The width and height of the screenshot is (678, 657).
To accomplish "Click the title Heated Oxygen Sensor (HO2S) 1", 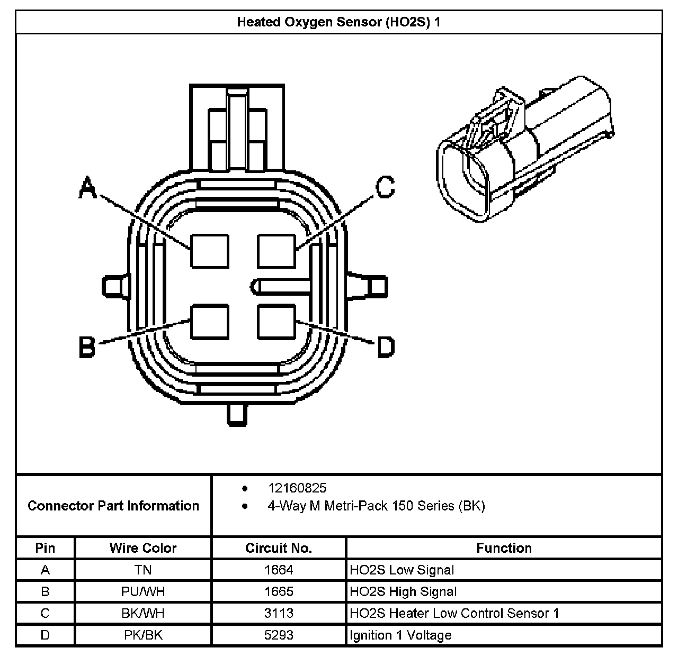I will click(338, 22).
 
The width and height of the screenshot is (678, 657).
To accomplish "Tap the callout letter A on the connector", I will click(88, 188).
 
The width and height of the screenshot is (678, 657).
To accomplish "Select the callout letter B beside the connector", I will click(87, 348).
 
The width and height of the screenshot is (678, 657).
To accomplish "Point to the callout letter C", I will click(385, 187).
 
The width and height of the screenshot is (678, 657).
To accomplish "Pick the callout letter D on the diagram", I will click(386, 347).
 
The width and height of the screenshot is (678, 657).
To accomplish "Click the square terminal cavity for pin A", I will click(210, 251).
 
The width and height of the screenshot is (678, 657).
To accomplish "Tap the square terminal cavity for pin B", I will click(210, 322).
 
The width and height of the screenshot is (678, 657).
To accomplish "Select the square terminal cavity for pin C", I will click(276, 251).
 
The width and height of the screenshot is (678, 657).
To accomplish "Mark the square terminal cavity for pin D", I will click(276, 322).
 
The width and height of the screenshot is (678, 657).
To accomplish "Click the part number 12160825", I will click(297, 488).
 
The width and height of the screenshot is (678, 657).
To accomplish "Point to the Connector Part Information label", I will click(113, 506).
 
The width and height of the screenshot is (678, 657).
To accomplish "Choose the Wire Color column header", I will click(143, 548).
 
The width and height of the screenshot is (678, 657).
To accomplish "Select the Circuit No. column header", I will click(279, 548).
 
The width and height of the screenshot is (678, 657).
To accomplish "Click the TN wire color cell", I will click(143, 570).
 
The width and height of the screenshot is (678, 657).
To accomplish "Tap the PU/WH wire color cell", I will click(143, 592).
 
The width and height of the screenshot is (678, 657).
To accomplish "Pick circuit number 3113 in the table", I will click(279, 614).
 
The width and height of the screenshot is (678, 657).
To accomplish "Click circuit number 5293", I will click(279, 635).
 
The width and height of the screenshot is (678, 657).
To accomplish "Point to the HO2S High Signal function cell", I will click(403, 592).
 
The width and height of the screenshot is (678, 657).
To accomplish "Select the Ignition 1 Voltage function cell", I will click(400, 635).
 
